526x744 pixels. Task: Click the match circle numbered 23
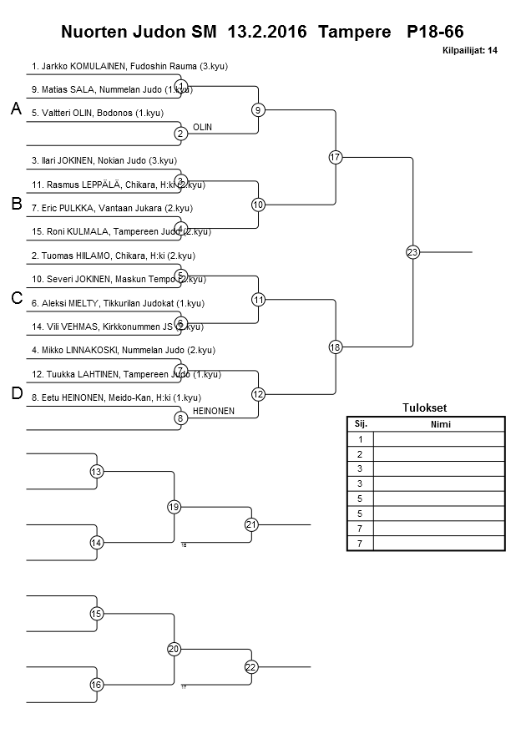click(412, 251)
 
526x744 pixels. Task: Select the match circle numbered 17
click(336, 157)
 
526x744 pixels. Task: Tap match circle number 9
click(259, 109)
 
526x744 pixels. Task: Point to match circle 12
click(259, 393)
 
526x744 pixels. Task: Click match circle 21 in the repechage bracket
click(251, 524)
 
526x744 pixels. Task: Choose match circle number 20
click(174, 649)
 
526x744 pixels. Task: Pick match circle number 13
click(97, 472)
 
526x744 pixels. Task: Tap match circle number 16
click(97, 685)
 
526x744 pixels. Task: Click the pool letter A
click(15, 109)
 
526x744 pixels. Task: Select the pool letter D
click(16, 393)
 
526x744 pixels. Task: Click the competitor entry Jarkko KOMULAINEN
click(129, 65)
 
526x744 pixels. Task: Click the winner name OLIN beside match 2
click(202, 127)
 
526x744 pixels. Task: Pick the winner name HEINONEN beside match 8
click(213, 412)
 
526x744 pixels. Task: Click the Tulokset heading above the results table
click(425, 408)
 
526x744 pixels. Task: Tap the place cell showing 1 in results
click(360, 438)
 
